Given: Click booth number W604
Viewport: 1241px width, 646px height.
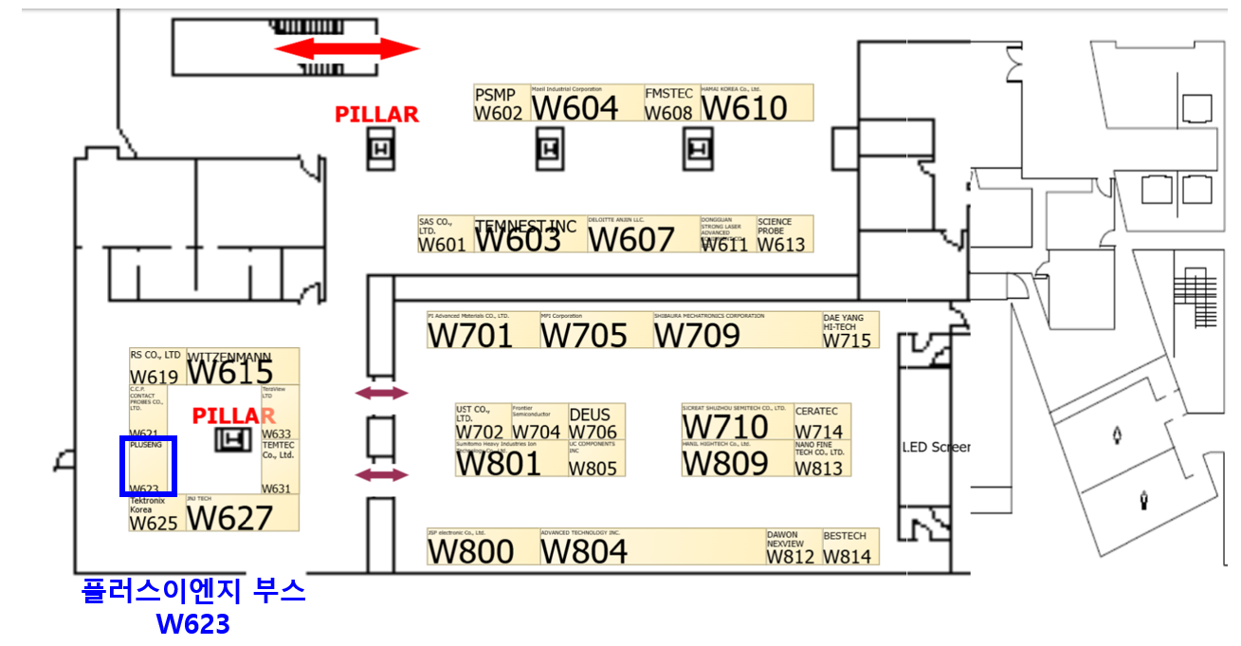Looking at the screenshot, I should tap(575, 108).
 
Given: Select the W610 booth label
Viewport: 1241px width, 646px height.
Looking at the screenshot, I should tap(744, 108).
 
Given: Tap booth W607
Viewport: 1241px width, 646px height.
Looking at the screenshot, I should tap(630, 239).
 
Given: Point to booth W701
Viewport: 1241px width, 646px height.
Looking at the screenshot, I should tap(470, 335).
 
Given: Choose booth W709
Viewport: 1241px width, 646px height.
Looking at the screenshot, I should tap(697, 335).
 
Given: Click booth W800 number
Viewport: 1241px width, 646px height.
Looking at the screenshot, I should tap(470, 551).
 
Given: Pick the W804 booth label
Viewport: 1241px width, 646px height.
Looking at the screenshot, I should tap(584, 551).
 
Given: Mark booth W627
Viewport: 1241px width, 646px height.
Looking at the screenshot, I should tap(229, 518).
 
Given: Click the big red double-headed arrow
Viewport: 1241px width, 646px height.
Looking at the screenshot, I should tap(347, 48).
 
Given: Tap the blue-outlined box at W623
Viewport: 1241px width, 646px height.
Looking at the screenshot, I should tap(148, 466).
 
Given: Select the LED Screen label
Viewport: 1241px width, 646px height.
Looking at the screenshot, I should tap(936, 447).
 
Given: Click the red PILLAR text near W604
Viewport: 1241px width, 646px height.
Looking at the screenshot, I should tap(376, 115).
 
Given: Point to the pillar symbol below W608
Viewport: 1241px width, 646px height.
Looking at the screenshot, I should tap(700, 149).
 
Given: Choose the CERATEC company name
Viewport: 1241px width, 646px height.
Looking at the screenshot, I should tap(816, 412).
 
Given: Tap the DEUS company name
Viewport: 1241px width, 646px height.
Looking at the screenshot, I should tap(590, 415).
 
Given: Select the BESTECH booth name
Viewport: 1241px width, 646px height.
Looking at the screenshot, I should tap(845, 536).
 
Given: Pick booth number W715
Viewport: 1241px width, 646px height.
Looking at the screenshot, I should tap(847, 340).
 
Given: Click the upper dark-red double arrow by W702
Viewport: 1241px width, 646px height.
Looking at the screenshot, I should tap(381, 393).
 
